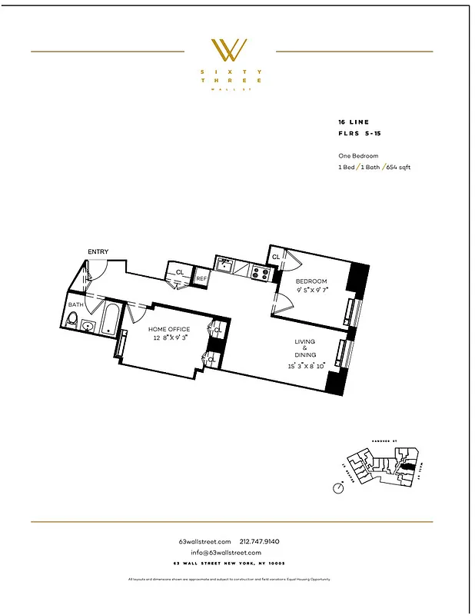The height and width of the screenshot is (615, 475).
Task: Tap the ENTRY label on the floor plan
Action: (x=98, y=251)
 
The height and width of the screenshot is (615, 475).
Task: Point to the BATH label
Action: (x=75, y=304)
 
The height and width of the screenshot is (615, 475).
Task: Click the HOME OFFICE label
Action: (x=168, y=329)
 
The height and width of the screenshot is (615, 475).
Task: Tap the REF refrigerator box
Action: (x=201, y=278)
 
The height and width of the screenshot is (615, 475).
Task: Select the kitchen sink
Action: (x=225, y=267)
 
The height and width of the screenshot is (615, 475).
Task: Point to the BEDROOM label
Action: (x=312, y=281)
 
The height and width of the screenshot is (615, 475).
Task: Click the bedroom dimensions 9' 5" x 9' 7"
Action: (x=312, y=291)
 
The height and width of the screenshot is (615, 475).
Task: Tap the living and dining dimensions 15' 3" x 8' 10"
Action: (x=306, y=365)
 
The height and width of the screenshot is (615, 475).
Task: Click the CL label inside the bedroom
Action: (x=276, y=257)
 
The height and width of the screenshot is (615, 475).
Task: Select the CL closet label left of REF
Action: (x=179, y=272)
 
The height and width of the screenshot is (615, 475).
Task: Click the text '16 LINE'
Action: (x=353, y=122)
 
